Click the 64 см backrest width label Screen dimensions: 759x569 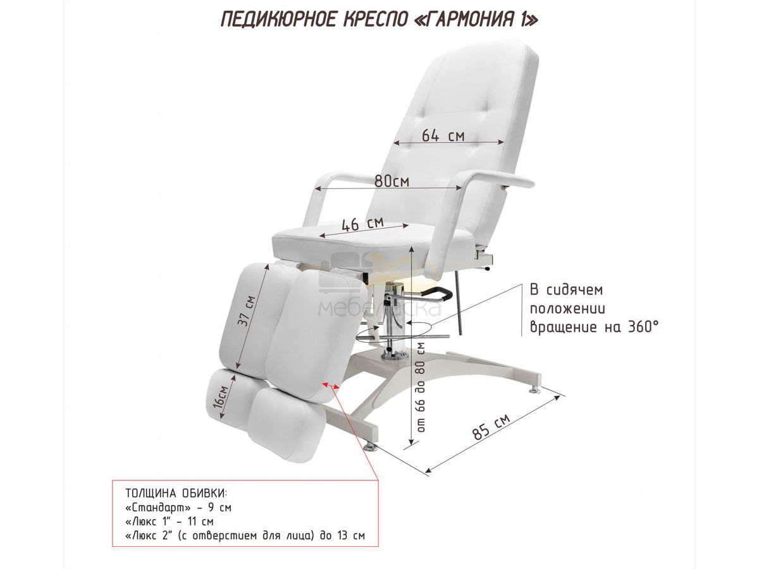[x=443, y=135]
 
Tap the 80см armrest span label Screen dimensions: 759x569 [x=392, y=181]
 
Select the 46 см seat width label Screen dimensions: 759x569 [x=362, y=224]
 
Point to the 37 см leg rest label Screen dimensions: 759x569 [x=247, y=310]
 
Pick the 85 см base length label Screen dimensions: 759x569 [x=491, y=427]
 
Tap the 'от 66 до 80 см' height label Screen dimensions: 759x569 [x=421, y=387]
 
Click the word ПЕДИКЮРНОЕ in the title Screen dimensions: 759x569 [x=279, y=20]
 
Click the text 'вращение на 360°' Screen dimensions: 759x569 [x=594, y=327]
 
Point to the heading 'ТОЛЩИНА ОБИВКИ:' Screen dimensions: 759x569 [x=176, y=493]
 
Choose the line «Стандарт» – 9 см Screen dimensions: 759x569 [x=178, y=508]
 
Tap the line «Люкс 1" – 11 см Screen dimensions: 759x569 [x=169, y=522]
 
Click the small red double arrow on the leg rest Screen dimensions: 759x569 [x=331, y=386]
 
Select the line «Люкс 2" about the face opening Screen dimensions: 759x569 [x=245, y=535]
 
